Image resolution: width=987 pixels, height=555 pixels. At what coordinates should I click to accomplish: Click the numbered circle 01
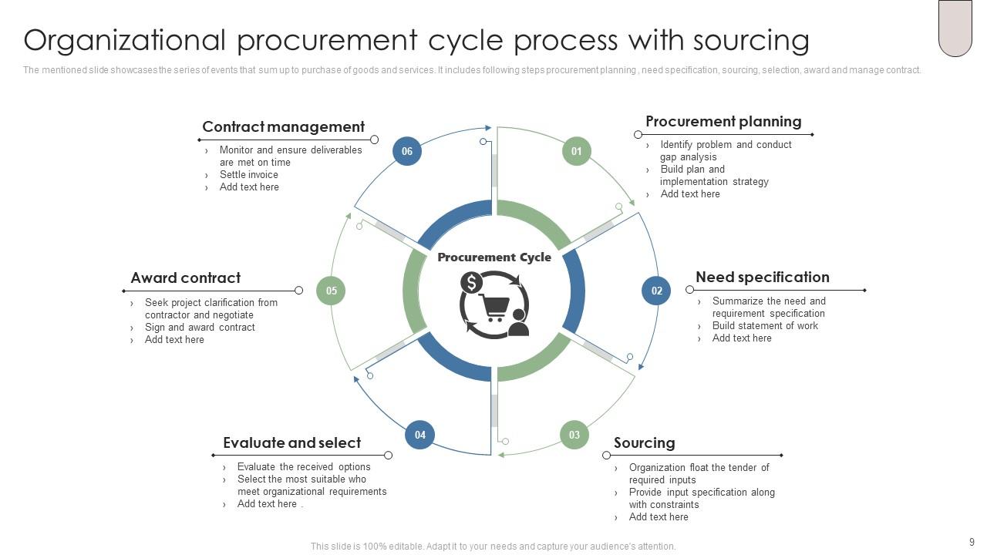click(576, 151)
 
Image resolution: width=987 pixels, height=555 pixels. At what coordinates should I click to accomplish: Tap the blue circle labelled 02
click(656, 291)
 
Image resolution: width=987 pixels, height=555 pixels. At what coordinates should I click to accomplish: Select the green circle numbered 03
click(574, 435)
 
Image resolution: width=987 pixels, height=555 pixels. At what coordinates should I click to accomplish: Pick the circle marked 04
click(419, 435)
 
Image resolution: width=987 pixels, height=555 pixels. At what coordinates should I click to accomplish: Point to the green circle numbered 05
click(331, 291)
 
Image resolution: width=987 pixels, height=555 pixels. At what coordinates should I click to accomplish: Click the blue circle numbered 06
click(407, 151)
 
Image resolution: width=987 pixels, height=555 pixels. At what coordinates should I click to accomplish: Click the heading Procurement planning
click(723, 122)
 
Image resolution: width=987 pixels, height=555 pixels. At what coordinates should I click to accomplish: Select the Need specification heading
click(762, 277)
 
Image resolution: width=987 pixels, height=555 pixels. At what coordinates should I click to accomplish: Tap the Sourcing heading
click(644, 443)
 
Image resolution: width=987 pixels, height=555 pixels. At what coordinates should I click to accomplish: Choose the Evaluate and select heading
click(291, 443)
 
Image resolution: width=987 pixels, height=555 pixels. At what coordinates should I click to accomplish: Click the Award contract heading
click(185, 278)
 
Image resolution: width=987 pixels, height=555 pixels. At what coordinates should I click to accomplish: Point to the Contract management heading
click(283, 127)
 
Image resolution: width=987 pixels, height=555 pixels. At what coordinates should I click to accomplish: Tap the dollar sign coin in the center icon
click(471, 283)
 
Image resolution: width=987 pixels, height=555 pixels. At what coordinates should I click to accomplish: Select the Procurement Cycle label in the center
click(494, 257)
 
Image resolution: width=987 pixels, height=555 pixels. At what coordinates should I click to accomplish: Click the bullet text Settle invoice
click(248, 175)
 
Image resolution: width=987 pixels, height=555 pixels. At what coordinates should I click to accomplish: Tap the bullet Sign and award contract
click(200, 328)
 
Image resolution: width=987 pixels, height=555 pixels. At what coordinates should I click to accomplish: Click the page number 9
click(972, 543)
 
